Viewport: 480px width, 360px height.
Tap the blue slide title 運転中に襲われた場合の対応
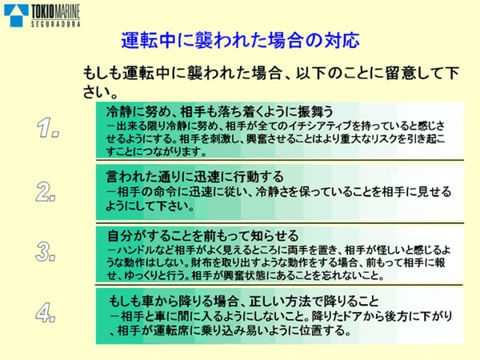[x=240, y=39]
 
